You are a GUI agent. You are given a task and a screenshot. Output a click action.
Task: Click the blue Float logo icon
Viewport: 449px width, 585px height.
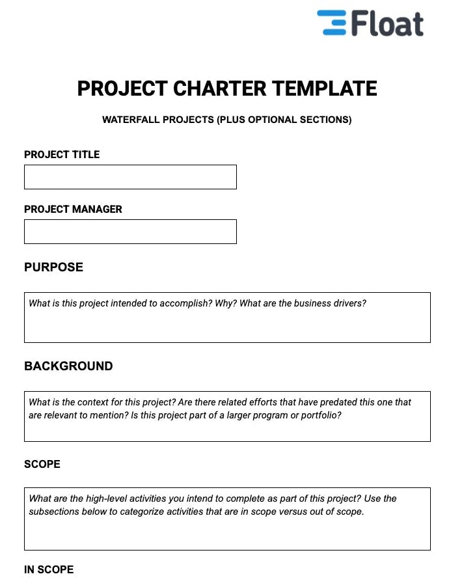pyautogui.click(x=332, y=23)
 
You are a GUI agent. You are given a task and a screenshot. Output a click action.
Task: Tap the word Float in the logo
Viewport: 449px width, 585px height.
pyautogui.click(x=388, y=23)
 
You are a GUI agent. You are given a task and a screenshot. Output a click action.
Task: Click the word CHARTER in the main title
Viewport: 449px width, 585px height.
pyautogui.click(x=219, y=88)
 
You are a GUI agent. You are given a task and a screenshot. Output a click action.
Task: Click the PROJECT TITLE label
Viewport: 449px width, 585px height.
pyautogui.click(x=62, y=155)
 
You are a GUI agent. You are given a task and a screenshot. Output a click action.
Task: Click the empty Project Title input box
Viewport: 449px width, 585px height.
pyautogui.click(x=130, y=177)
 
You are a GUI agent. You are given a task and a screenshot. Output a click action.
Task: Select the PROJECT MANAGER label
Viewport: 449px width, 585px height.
pyautogui.click(x=73, y=210)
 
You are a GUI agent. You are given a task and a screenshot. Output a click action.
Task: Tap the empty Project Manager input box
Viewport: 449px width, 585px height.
pyautogui.click(x=130, y=232)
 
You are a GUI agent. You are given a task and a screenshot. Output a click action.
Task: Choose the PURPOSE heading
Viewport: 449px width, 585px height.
pyautogui.click(x=53, y=267)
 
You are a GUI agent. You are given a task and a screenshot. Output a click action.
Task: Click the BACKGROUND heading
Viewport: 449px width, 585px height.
pyautogui.click(x=68, y=366)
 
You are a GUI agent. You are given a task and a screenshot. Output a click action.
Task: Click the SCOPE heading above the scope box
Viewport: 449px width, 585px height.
pyautogui.click(x=42, y=465)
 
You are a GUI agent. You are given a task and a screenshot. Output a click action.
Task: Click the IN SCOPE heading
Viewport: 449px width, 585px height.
pyautogui.click(x=49, y=570)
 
